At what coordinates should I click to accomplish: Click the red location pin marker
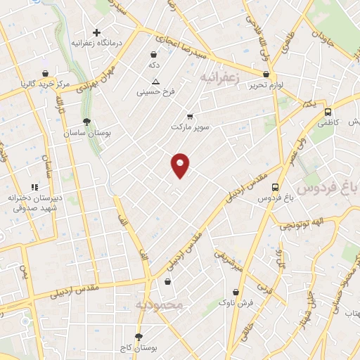[180, 165]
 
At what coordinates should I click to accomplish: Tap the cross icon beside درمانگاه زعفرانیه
[97, 32]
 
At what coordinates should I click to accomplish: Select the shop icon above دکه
[154, 53]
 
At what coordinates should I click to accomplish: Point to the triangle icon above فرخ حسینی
[155, 81]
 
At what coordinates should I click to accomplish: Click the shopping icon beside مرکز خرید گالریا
[46, 73]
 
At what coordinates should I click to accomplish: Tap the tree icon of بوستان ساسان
[86, 122]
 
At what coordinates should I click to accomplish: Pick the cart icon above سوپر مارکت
[190, 117]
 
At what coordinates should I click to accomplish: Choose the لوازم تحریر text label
[266, 84]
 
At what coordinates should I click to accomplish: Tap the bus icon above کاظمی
[328, 112]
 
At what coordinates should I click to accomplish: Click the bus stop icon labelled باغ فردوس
[275, 187]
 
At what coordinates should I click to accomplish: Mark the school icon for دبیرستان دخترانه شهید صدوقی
[35, 186]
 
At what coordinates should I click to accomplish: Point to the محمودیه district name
[158, 304]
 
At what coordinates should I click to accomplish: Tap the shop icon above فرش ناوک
[236, 292]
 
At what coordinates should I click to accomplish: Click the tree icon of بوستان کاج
[139, 337]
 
